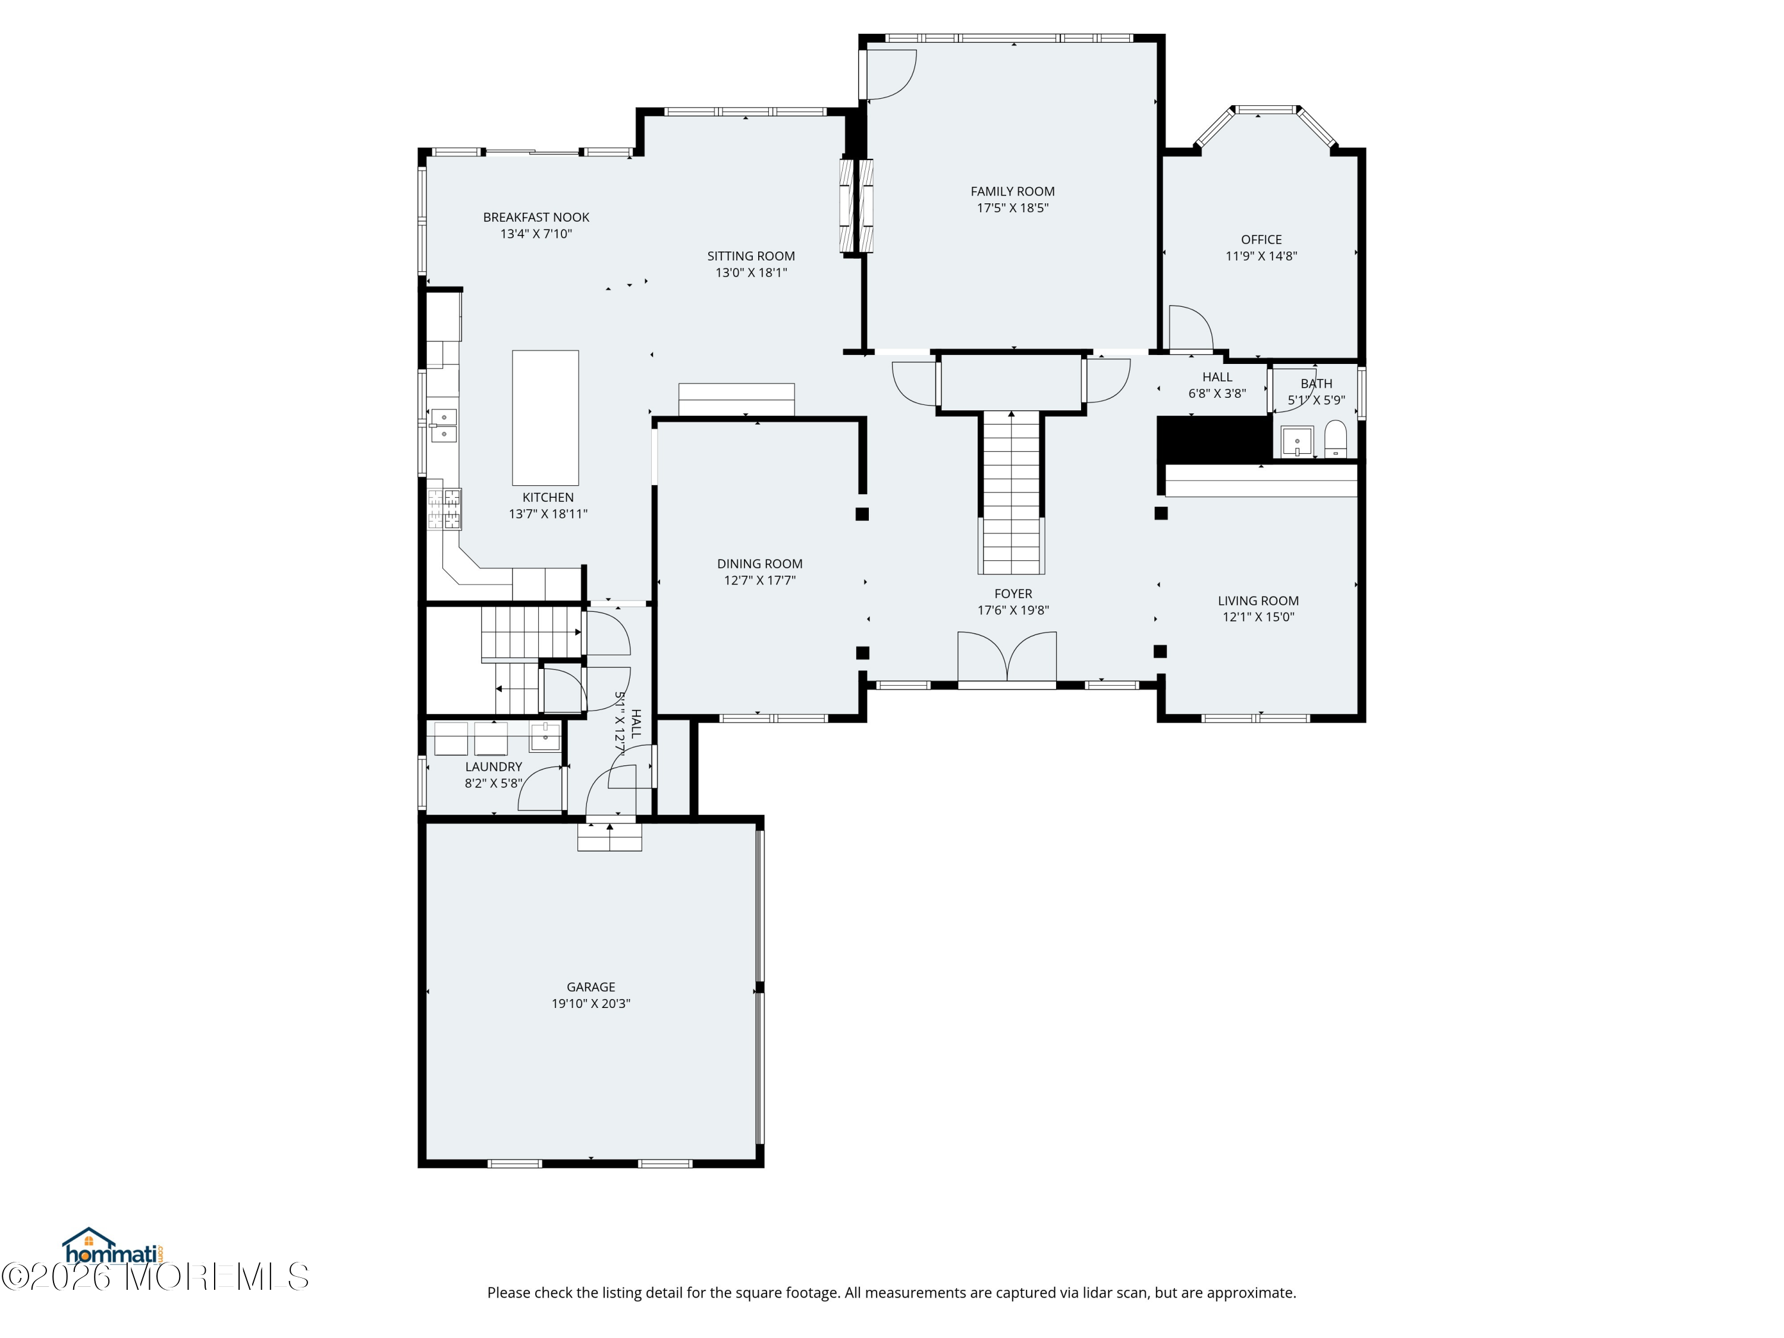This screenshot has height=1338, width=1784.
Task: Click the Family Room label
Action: click(1012, 191)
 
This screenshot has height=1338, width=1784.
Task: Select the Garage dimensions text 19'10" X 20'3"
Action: click(591, 1003)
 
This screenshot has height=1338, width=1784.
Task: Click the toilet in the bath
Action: click(1336, 439)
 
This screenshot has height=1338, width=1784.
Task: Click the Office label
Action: click(1261, 240)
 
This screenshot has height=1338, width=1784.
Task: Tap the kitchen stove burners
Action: click(444, 509)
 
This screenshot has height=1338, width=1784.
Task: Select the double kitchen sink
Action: click(443, 425)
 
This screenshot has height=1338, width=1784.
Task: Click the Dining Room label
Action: click(760, 564)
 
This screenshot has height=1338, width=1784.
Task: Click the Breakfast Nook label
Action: click(536, 217)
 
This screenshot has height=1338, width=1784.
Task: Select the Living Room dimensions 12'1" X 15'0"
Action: click(1258, 617)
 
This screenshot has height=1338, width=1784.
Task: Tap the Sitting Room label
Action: click(751, 256)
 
